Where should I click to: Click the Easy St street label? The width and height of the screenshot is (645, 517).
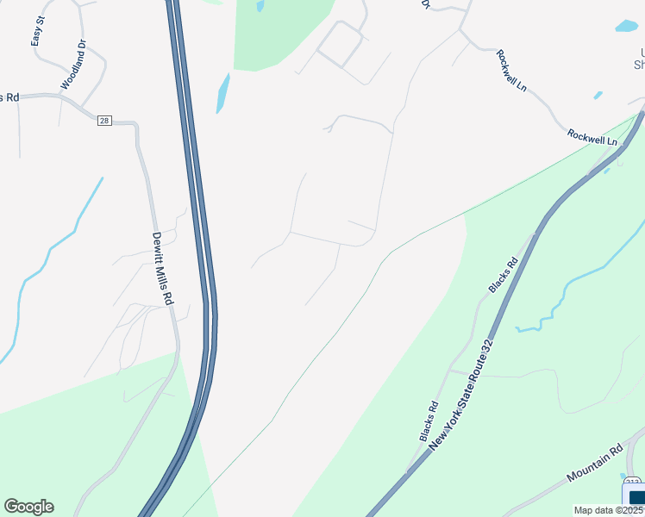pos(36,32)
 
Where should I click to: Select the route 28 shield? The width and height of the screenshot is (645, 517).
pos(104,121)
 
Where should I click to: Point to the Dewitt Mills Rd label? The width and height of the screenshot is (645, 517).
pos(163,268)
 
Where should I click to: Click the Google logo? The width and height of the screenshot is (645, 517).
pos(28,507)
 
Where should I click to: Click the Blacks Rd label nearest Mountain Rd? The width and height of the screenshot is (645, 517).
pos(429,421)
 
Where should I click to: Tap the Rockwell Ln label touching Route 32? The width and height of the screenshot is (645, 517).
pos(592,137)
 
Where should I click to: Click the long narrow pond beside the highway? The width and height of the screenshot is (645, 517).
pos(222,93)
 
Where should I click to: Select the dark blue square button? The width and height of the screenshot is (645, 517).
pos(638,497)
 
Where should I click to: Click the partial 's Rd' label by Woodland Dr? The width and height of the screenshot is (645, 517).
pos(9,97)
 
